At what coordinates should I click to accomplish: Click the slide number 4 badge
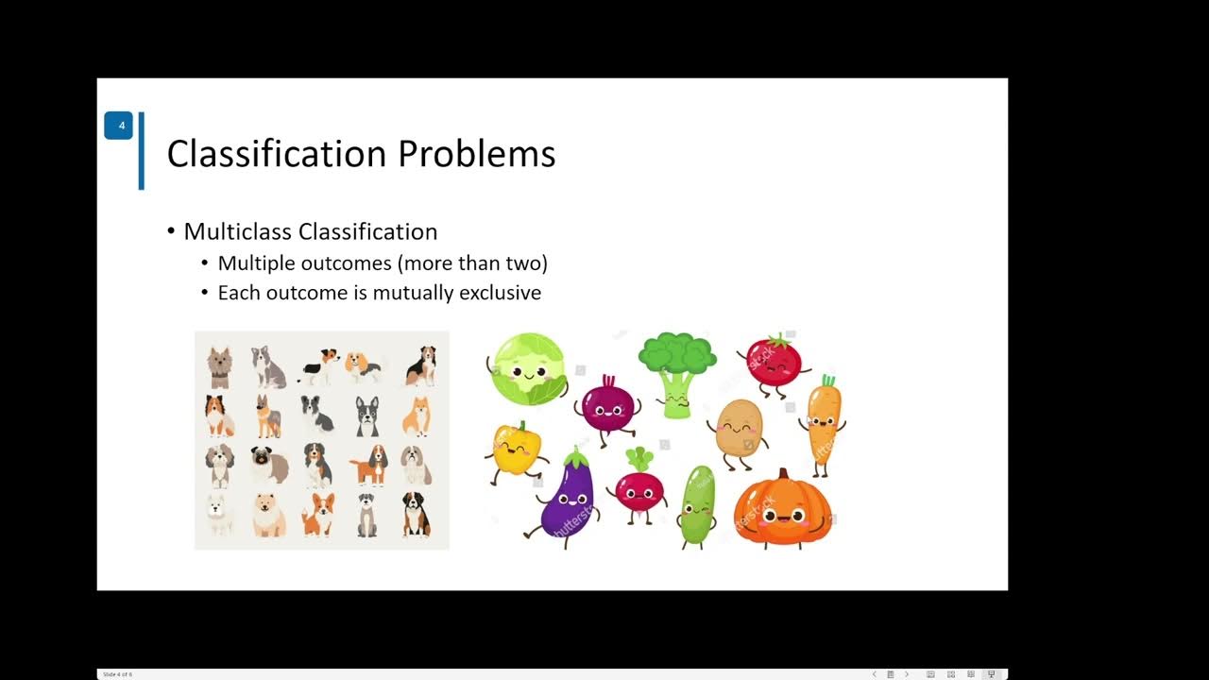(119, 126)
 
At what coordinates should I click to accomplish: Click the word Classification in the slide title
(277, 154)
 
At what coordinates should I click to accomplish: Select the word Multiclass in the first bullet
(238, 231)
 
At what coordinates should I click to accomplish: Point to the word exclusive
(500, 293)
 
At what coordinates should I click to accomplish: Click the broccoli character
(677, 371)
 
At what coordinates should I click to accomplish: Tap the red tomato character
(774, 362)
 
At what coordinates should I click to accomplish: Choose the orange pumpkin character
(783, 509)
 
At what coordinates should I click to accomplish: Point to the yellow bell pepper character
(517, 450)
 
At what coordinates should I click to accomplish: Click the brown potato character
(739, 431)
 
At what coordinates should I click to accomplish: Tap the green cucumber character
(697, 504)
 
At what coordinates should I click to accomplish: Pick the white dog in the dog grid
(220, 513)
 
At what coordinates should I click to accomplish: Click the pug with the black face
(269, 464)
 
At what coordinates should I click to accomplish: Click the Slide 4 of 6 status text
(117, 674)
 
